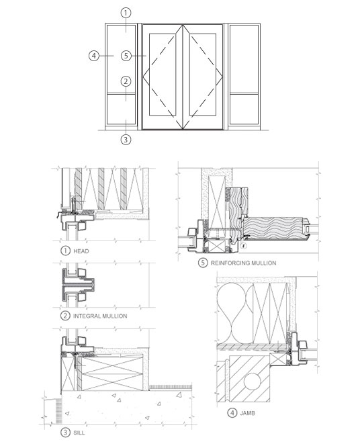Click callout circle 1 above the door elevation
coord(125,12)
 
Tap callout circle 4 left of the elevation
coord(94,56)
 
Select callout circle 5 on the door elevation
coord(126,56)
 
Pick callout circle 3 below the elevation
coord(125,140)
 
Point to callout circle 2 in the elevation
coord(125,81)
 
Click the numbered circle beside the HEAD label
coord(65,251)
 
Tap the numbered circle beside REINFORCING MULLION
coord(203,263)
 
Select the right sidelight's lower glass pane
coord(244,107)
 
